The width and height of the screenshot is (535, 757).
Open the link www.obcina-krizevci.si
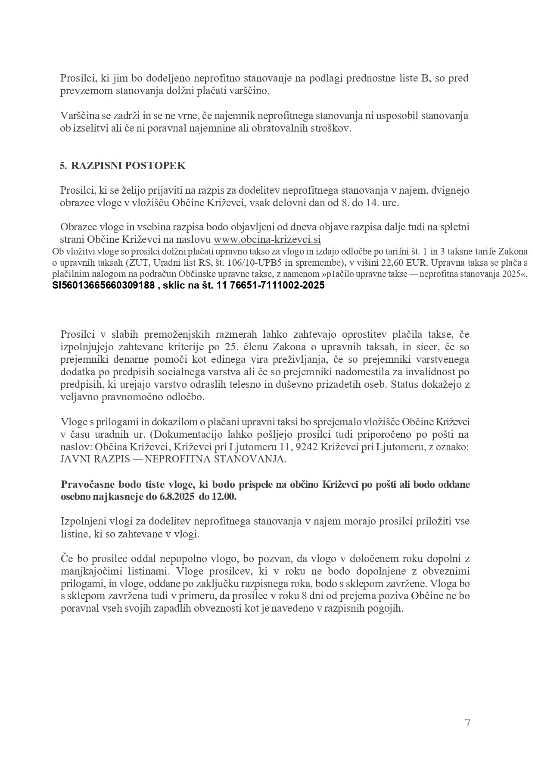pyautogui.click(x=267, y=239)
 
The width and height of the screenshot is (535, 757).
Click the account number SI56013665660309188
pyautogui.click(x=103, y=285)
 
